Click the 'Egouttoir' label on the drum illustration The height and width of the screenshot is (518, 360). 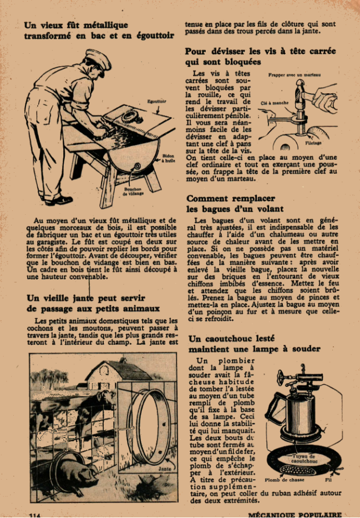point(157,102)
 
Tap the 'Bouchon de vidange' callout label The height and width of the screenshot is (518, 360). point(133,192)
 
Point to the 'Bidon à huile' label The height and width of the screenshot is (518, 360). point(168,158)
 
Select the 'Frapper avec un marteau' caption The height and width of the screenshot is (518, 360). point(295,74)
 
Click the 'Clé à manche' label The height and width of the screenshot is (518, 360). point(275,103)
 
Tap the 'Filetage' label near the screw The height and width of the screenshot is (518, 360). point(313,143)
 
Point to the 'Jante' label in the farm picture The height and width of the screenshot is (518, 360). point(165,469)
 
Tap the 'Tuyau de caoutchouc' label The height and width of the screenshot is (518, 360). point(303,459)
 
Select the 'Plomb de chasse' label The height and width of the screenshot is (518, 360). point(285,480)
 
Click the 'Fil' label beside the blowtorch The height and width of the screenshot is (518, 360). point(328,480)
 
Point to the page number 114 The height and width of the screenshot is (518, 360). point(34,515)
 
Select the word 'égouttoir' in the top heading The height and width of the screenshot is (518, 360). point(155,36)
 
